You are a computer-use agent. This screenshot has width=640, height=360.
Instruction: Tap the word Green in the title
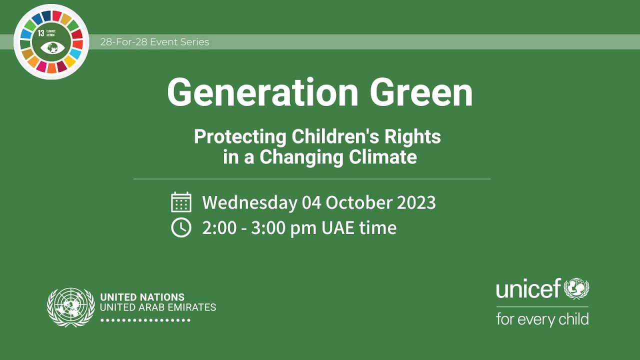click(421, 93)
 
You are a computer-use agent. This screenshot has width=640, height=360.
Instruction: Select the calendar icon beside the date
click(181, 202)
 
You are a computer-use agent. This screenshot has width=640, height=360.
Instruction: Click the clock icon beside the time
click(181, 227)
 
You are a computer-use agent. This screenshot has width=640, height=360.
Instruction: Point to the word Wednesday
click(249, 202)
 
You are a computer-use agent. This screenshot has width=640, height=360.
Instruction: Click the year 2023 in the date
click(416, 202)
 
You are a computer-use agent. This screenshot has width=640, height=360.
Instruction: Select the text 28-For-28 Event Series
click(154, 42)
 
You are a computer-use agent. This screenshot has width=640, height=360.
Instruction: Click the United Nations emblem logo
click(70, 307)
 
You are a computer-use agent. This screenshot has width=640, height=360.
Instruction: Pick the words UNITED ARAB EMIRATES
click(158, 307)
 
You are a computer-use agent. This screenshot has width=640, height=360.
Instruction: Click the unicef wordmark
click(528, 289)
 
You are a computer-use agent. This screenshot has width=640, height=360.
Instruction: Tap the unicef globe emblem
click(576, 288)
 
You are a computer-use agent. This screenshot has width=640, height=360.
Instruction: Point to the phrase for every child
click(542, 319)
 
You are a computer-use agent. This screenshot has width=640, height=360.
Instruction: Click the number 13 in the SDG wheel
click(41, 33)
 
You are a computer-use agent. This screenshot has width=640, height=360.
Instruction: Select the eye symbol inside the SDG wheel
click(51, 48)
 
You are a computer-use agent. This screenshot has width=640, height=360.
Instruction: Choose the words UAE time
click(359, 227)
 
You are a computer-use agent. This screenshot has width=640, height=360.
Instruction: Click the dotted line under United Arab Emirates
click(145, 320)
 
